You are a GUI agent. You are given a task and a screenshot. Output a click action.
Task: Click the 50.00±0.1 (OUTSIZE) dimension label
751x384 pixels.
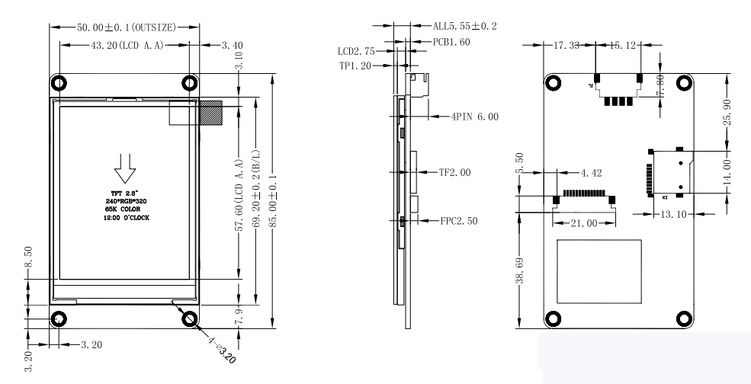(126, 27)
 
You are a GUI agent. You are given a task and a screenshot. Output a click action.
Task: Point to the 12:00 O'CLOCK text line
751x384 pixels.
(127, 218)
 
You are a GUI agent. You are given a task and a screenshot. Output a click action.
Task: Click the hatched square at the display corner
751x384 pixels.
(210, 114)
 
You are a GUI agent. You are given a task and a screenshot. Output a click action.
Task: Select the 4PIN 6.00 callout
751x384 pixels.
(473, 117)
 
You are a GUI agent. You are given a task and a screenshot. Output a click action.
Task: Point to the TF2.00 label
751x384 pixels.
(454, 173)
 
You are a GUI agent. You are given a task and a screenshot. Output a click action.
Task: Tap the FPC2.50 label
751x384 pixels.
(460, 222)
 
